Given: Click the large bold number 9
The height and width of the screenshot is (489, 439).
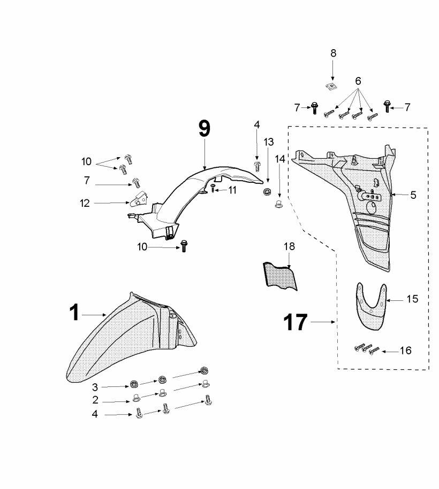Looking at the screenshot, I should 204,129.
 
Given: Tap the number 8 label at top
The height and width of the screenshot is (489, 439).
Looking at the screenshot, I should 333,53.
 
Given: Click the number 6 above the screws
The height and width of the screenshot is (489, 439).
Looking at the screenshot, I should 358,81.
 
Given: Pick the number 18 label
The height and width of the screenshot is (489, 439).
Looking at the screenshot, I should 289,246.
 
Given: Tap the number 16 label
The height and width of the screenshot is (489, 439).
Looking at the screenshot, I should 406,351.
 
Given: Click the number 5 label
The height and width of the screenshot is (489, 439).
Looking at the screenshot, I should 413,195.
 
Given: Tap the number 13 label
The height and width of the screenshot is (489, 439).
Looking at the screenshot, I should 268,142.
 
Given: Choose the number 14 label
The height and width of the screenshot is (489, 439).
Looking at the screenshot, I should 280,159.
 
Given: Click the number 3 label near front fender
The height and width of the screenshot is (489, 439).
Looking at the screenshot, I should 95,386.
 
